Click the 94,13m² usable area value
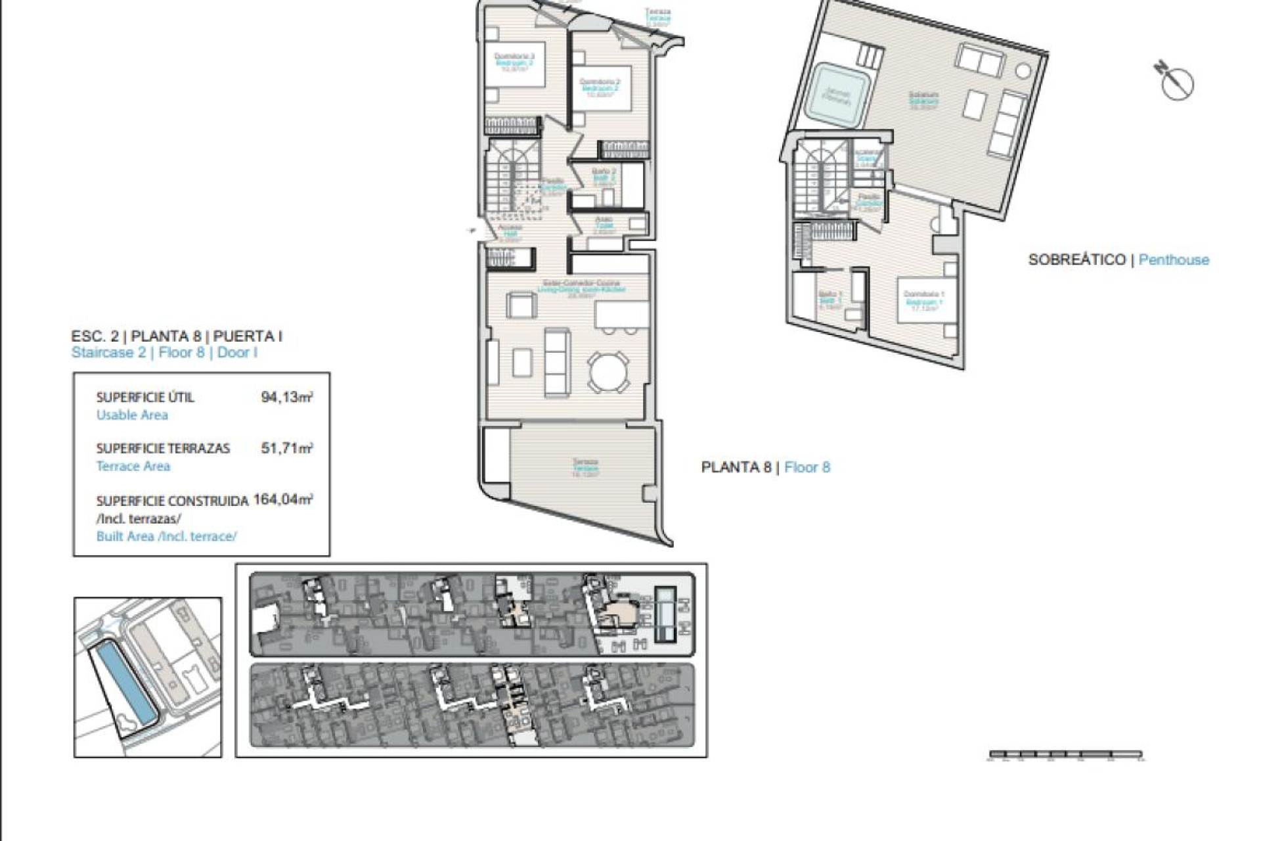(x=286, y=397)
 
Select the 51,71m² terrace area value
(x=286, y=448)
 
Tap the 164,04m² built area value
(x=282, y=499)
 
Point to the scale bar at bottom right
(x=1065, y=755)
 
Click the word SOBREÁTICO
(x=1076, y=260)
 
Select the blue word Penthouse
(x=1174, y=260)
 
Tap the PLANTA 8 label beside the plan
(x=736, y=467)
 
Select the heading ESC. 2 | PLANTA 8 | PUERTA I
(x=177, y=336)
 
